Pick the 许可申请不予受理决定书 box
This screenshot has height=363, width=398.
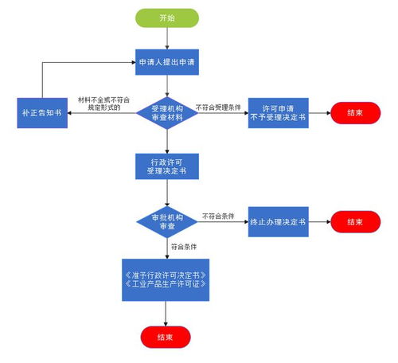coord(278,113)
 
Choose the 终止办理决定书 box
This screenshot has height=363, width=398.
coord(278,221)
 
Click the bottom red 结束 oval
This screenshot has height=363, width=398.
coord(166,337)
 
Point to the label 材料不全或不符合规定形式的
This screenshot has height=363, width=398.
coord(104,102)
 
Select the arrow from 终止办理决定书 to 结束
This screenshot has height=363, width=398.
coord(320,221)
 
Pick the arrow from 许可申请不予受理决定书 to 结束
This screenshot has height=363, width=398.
coord(320,113)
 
